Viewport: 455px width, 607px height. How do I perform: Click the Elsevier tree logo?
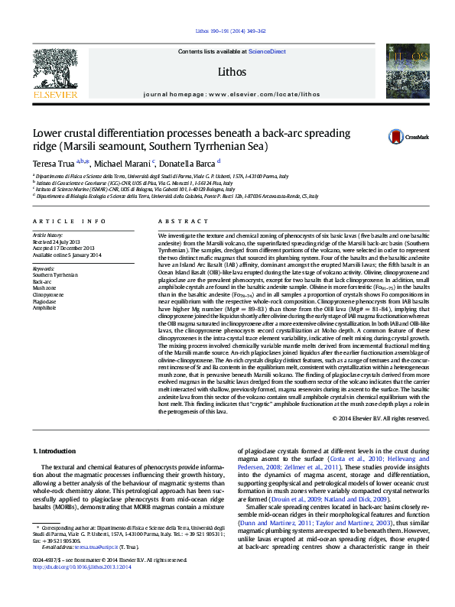coord(55,71)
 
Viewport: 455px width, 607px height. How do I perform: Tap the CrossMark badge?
coord(406,137)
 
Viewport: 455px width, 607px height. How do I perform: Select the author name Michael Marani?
coord(123,163)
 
